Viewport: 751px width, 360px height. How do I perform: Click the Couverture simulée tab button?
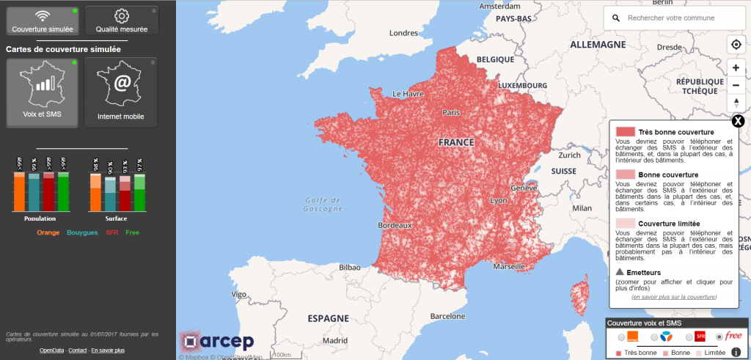click(42, 21)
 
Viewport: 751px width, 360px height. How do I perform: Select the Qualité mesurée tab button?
click(121, 21)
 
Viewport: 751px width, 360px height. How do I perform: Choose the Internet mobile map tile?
click(121, 92)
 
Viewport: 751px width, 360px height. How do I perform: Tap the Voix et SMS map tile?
click(42, 92)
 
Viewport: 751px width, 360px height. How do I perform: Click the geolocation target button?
click(736, 45)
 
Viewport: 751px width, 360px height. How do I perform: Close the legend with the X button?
click(738, 121)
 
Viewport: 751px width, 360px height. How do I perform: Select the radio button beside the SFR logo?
click(689, 337)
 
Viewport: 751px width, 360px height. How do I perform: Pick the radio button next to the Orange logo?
click(622, 337)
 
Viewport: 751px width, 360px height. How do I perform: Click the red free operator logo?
click(733, 336)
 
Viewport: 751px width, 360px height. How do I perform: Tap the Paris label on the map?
click(451, 112)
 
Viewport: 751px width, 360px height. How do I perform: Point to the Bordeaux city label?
click(395, 226)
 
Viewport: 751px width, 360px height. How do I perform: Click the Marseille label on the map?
click(509, 267)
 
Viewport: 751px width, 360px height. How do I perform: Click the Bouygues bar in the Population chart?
click(34, 192)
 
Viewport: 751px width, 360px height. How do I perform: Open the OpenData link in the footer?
click(52, 350)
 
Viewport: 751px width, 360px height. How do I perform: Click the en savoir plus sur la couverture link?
click(674, 297)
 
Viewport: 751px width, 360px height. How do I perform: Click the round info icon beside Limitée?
click(736, 353)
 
